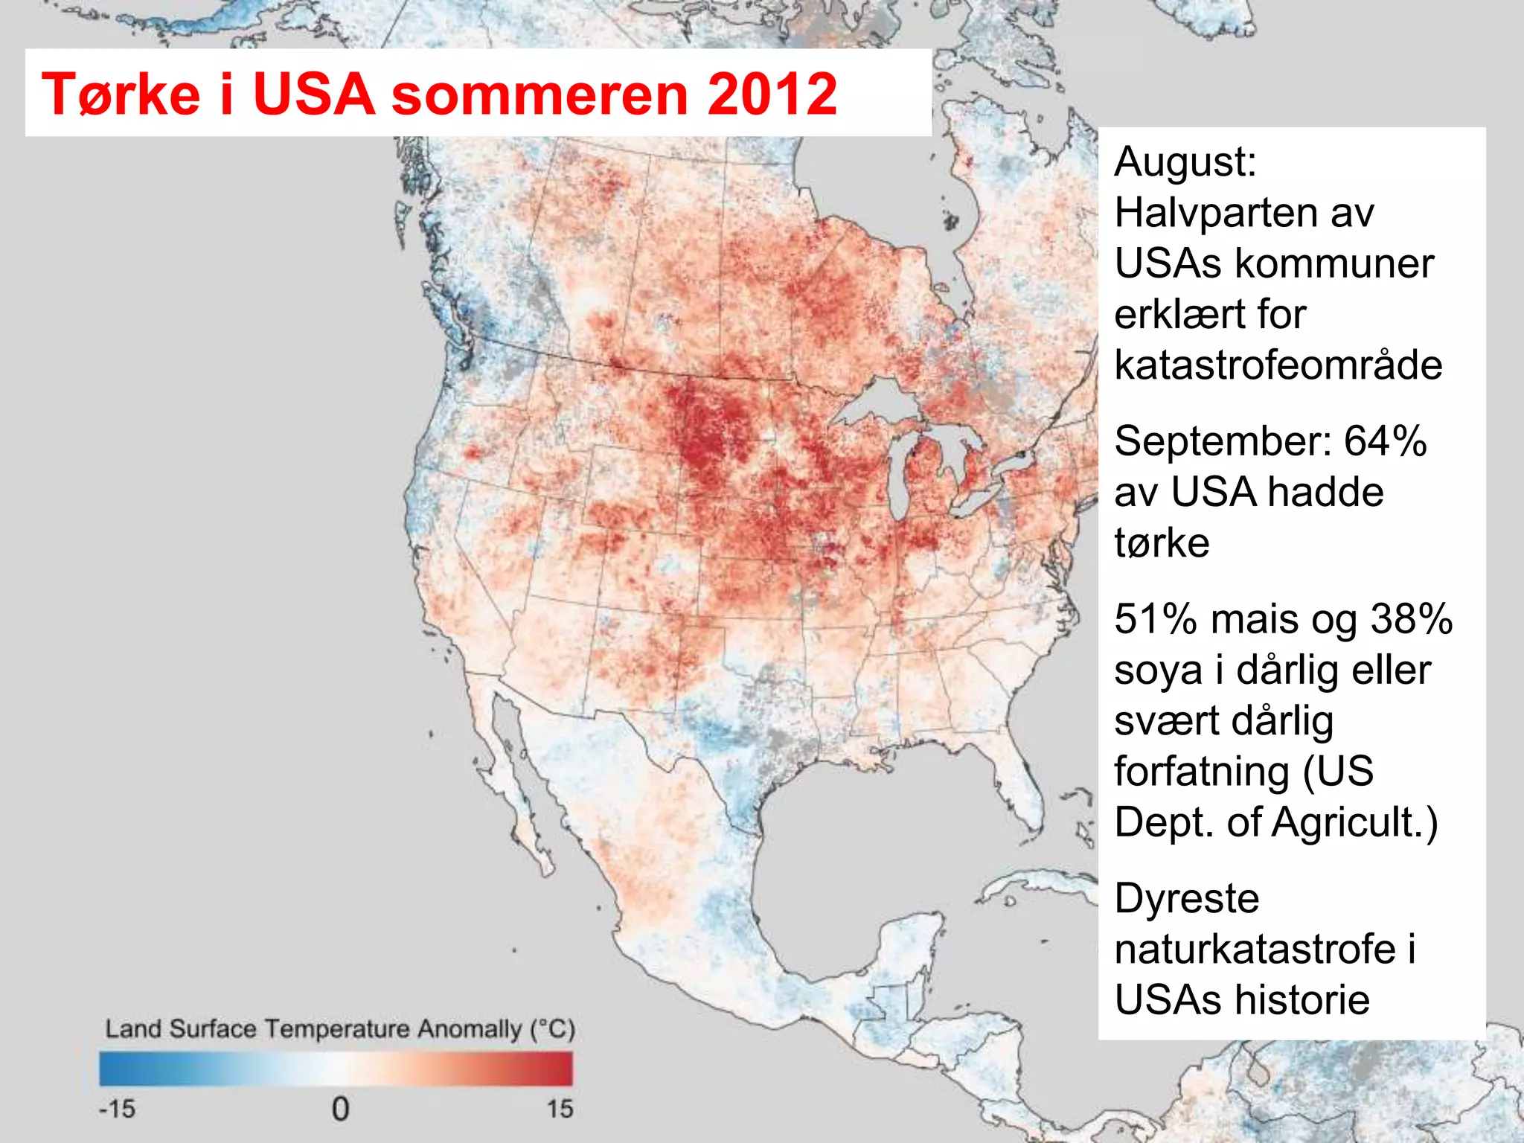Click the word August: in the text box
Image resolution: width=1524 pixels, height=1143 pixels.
[1185, 162]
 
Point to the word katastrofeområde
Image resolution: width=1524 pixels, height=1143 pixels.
[1278, 365]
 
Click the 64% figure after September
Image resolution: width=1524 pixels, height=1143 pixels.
[1385, 441]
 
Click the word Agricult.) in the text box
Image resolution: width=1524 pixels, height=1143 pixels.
[1354, 822]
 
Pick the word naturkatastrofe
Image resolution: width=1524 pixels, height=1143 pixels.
[1255, 950]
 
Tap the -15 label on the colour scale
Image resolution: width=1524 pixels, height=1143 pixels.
[118, 1109]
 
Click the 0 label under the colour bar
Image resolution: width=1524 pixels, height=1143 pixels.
[340, 1109]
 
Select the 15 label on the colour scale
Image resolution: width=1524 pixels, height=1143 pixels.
[560, 1109]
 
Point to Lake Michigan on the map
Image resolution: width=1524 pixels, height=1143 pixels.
[900, 476]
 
